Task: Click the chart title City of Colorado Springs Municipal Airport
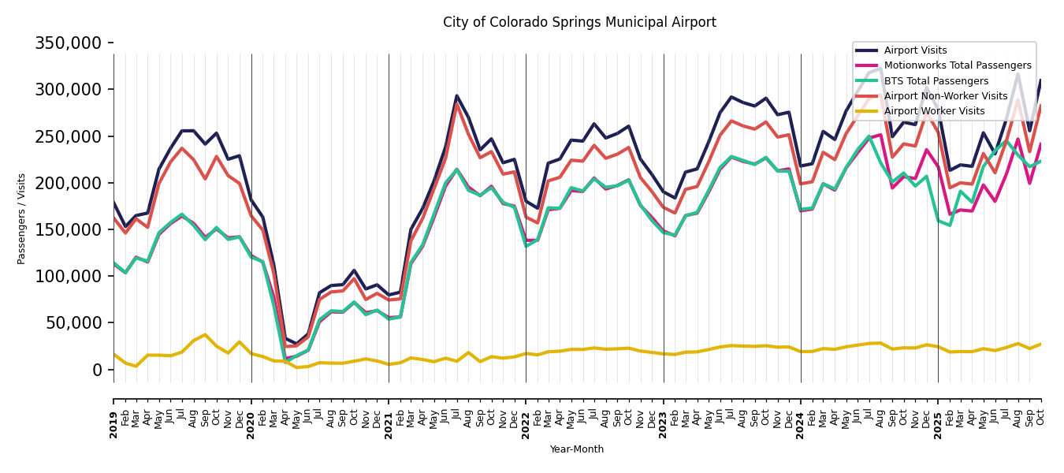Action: click(579, 23)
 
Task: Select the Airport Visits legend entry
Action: click(915, 50)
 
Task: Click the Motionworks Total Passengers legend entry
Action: click(957, 65)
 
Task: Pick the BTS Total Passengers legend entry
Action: click(936, 81)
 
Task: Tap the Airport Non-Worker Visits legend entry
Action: click(945, 96)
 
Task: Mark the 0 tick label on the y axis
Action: click(97, 370)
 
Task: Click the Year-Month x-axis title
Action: click(577, 449)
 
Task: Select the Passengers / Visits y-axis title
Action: click(22, 218)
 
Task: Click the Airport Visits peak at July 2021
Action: click(457, 96)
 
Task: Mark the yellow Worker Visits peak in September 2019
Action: click(205, 335)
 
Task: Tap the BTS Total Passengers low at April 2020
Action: click(285, 361)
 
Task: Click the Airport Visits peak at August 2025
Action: click(1017, 74)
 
